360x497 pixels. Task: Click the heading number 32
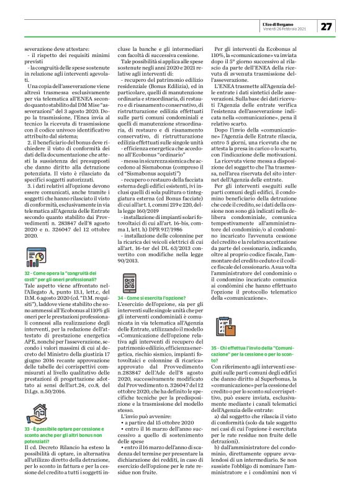pos(27,272)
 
